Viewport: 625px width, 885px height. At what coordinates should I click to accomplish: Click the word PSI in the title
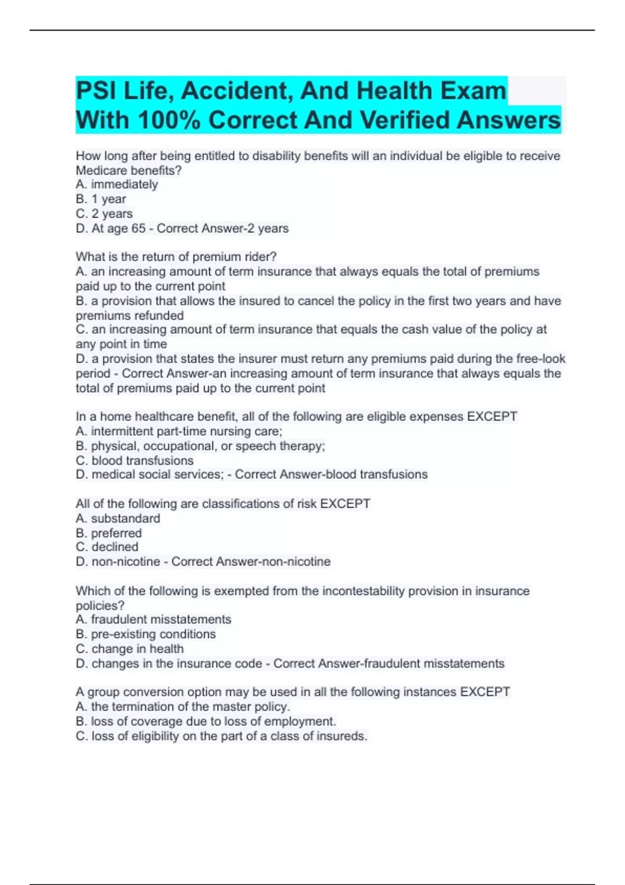tap(95, 91)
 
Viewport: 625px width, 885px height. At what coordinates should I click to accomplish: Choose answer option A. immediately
tap(117, 184)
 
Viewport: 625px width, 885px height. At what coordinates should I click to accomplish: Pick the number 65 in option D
tap(139, 228)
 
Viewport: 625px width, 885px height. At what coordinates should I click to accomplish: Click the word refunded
tap(159, 315)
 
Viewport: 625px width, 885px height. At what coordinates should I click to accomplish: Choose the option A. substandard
tap(118, 519)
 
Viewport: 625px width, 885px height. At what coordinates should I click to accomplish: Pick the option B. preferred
tap(108, 533)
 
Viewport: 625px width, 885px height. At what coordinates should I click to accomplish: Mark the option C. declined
tap(107, 547)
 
